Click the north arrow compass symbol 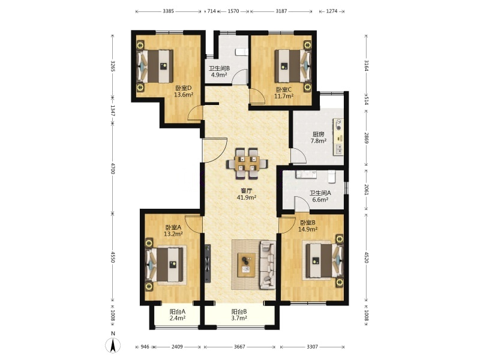pyautogui.click(x=113, y=346)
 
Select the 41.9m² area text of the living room pyautogui.click(x=247, y=197)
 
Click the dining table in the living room pyautogui.click(x=247, y=163)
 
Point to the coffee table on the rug pyautogui.click(x=247, y=265)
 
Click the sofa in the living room pyautogui.click(x=268, y=265)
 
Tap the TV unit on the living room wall pyautogui.click(x=208, y=263)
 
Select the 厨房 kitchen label pyautogui.click(x=319, y=134)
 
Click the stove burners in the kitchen pyautogui.click(x=338, y=124)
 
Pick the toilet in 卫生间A pyautogui.click(x=332, y=176)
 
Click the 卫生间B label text pyautogui.click(x=219, y=68)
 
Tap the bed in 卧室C pyautogui.click(x=293, y=66)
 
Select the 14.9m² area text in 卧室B pyautogui.click(x=308, y=229)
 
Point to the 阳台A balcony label pyautogui.click(x=178, y=311)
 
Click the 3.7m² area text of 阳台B pyautogui.click(x=239, y=318)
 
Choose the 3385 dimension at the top pyautogui.click(x=168, y=11)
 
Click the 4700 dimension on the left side pyautogui.click(x=113, y=169)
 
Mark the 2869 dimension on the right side pyautogui.click(x=367, y=138)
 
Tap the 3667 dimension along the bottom pyautogui.click(x=239, y=347)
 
